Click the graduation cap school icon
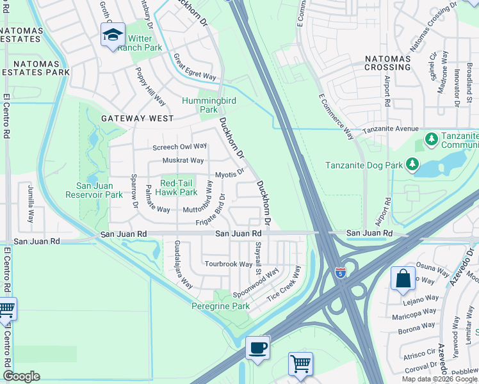click(112, 35)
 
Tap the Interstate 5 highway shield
click(341, 272)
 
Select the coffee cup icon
click(257, 348)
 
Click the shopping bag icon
click(402, 278)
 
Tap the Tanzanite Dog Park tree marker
click(412, 165)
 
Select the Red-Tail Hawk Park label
click(179, 188)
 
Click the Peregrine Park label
click(221, 307)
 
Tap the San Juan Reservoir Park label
click(94, 190)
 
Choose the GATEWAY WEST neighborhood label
click(136, 118)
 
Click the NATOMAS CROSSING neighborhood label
click(387, 63)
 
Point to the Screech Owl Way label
click(180, 147)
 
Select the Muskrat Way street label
click(183, 161)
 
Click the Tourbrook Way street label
click(228, 264)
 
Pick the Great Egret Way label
click(195, 67)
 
